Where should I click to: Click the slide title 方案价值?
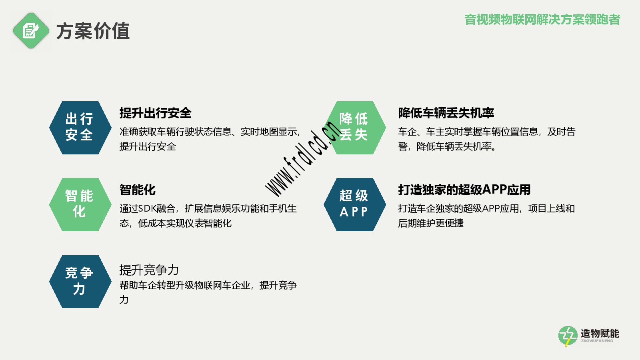[93, 31]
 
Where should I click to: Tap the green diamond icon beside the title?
[31, 30]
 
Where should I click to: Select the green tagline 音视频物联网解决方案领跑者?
[542, 20]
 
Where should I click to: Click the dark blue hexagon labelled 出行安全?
[80, 128]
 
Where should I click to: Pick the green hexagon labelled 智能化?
[80, 204]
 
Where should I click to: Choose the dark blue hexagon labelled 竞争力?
[80, 282]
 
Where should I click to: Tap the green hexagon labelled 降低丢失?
[355, 128]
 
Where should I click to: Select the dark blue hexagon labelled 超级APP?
[355, 204]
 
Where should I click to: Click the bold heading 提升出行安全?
[156, 113]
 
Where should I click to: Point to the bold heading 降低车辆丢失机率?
[446, 113]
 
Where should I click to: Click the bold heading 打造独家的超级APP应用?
[464, 190]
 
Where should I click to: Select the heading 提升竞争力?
[149, 270]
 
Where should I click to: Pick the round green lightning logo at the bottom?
[568, 336]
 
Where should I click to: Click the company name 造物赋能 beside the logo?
[600, 334]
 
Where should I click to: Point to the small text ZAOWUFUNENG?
[597, 341]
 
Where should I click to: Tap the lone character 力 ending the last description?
[124, 300]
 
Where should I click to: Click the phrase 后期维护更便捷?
[431, 223]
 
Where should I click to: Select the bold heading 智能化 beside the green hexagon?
[138, 190]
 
